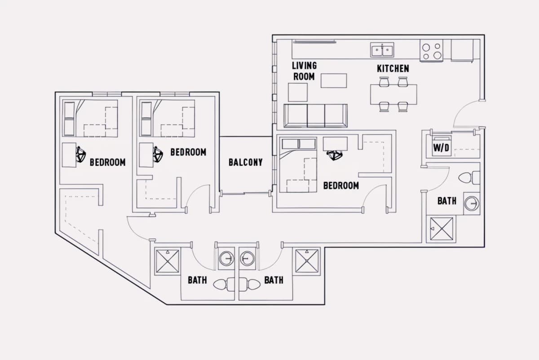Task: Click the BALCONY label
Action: coord(245,162)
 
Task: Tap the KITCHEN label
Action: coord(393,69)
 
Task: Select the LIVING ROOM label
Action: coord(304,71)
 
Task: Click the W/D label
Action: coord(441,148)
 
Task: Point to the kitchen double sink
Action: coord(382,50)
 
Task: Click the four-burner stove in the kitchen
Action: coord(432,51)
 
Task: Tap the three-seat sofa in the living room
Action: coord(315,116)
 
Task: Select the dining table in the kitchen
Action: coord(393,94)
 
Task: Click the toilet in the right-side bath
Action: coord(469,178)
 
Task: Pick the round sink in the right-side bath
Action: coord(472,203)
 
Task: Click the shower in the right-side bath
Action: coord(441,229)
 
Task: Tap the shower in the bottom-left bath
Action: coord(168,261)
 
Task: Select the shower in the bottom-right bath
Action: coord(306,261)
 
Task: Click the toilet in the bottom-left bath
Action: coord(224,285)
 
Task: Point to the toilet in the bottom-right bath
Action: coord(250,285)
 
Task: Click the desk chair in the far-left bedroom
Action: coord(81,154)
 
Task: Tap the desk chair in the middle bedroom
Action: coord(158,154)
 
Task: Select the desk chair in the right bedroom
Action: coord(335,155)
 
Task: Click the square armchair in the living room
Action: coord(298,92)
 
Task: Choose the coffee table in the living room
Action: coord(334,81)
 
